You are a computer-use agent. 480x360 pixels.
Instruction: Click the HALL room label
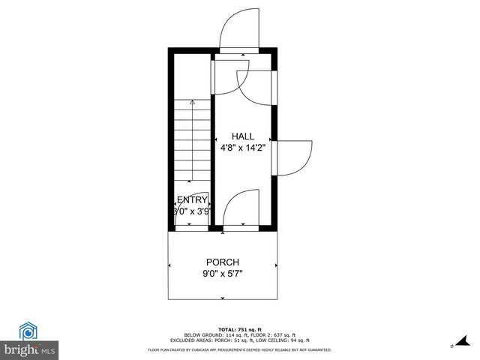(243, 136)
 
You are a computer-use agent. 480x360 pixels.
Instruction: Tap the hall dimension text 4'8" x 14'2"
(243, 148)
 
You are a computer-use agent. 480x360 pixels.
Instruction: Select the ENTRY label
(192, 200)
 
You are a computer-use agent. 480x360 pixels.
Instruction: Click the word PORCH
(223, 262)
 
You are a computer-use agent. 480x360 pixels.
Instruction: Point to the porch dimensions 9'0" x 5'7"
(223, 274)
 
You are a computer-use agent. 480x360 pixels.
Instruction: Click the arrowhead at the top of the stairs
(193, 102)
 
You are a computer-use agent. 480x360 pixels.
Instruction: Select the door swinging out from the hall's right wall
(295, 157)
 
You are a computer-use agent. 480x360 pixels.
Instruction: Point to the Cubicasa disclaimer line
(240, 349)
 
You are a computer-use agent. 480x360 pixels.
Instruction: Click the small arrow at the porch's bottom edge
(223, 298)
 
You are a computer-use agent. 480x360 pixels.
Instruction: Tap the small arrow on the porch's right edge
(276, 265)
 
